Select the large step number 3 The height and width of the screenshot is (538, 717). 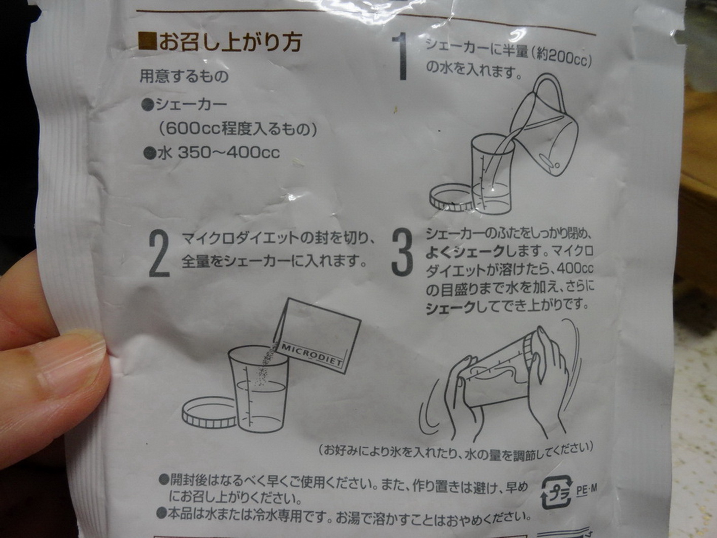402,252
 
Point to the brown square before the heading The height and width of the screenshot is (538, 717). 148,41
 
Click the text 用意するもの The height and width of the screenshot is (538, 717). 184,77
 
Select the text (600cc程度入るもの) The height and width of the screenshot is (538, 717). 237,129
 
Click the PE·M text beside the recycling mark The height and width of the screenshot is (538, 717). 587,489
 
